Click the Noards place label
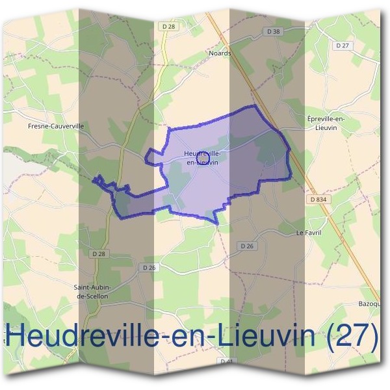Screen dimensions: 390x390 [x=220, y=53]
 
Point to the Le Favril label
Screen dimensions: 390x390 [x=309, y=232]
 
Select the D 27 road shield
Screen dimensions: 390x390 [x=343, y=45]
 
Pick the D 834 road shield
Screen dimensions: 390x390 [x=318, y=199]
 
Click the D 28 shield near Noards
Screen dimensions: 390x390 [x=168, y=25]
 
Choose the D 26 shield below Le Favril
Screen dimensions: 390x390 [x=246, y=246]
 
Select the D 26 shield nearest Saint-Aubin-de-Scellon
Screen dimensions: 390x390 [x=149, y=267]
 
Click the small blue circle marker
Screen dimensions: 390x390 [x=201, y=154]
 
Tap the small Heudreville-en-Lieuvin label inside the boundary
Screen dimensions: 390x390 [x=202, y=157]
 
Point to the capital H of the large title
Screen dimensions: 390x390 [x=18, y=336]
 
